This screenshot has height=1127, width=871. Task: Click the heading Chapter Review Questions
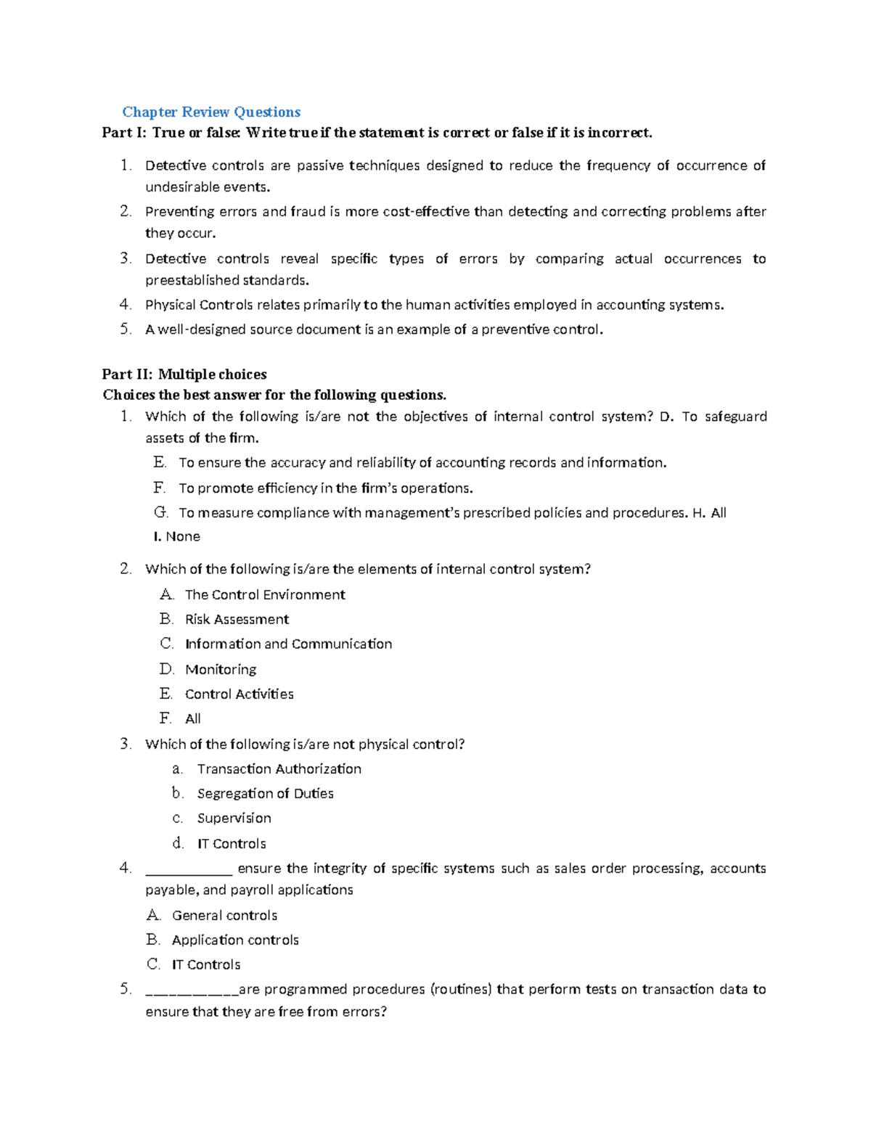point(211,112)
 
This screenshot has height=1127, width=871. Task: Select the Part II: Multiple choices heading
point(184,374)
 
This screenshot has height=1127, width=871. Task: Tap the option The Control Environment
point(265,595)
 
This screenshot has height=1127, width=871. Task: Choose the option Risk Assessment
point(237,620)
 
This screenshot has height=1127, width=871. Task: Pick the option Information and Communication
point(288,644)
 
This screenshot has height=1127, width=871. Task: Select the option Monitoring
point(221,670)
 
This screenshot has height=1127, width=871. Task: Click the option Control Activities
point(239,694)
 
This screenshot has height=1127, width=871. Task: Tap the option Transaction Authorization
point(279,769)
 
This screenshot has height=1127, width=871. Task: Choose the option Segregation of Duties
point(265,794)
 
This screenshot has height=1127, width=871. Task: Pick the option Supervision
point(234,819)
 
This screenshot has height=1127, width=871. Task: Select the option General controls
point(224,916)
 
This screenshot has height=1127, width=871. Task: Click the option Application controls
point(235,940)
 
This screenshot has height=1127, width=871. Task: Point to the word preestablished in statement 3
point(192,281)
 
